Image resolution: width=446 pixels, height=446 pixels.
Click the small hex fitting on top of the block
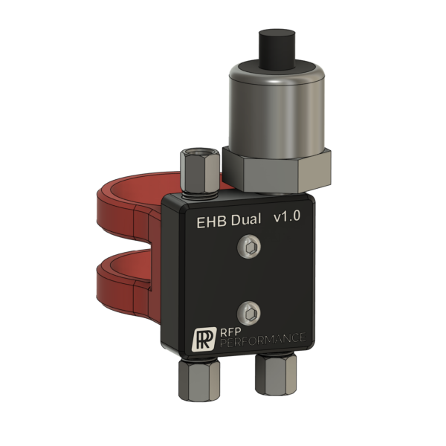point(198,175)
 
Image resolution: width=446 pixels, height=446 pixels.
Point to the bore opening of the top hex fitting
point(198,155)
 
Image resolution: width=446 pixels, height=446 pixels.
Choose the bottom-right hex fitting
point(276,375)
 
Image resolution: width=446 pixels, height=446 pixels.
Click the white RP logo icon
point(203,338)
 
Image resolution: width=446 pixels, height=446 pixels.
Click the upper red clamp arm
point(126,201)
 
